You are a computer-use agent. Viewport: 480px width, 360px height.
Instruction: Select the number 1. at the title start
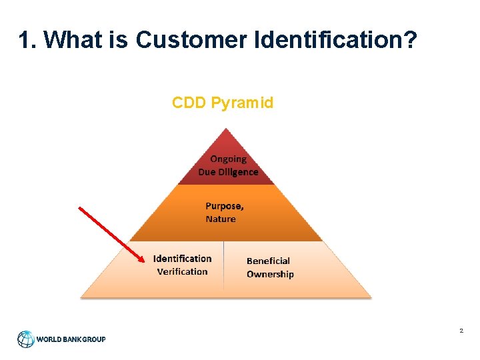28,41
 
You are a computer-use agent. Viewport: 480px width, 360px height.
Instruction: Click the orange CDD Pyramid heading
223,103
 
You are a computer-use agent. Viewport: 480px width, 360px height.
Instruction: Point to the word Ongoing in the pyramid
228,159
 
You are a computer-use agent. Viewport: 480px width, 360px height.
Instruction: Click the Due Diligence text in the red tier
228,171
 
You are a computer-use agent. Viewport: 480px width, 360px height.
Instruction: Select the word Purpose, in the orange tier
224,206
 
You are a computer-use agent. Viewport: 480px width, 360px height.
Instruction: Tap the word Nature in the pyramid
221,219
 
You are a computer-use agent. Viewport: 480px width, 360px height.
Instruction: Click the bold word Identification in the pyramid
182,259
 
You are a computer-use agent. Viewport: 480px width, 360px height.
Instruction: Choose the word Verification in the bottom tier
182,271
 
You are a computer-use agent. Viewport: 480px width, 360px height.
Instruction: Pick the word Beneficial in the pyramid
268,261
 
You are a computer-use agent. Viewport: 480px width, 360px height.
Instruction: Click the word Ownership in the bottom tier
270,274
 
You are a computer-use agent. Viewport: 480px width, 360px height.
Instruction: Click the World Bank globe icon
26,339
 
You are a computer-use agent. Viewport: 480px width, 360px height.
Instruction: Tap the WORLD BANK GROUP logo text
71,339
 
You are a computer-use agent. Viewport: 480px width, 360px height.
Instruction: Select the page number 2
461,331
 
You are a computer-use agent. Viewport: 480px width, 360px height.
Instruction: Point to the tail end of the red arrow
80,208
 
